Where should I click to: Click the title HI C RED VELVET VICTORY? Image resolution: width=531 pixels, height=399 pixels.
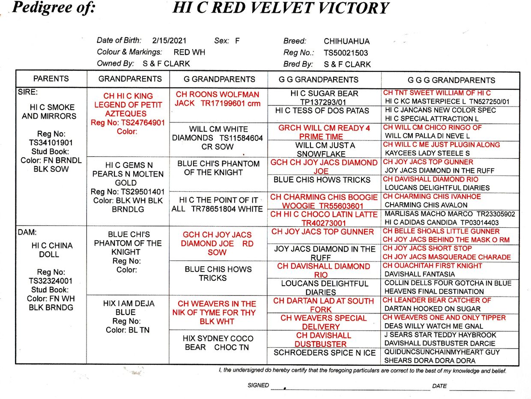click(280, 8)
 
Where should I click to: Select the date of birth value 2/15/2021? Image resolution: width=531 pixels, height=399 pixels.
click(169, 41)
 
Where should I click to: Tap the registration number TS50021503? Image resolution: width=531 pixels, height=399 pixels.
click(346, 53)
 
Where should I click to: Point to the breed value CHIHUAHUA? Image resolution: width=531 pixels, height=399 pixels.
click(346, 42)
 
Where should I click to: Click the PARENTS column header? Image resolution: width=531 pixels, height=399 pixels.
click(51, 79)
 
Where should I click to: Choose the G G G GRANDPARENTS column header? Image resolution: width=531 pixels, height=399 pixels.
click(451, 80)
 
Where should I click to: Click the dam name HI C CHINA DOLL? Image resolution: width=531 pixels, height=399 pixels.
click(51, 250)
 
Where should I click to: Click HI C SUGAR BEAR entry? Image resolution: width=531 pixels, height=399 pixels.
click(324, 94)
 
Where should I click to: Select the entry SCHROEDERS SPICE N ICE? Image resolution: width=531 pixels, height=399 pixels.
click(325, 353)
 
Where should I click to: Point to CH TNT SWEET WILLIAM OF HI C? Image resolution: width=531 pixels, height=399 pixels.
click(437, 93)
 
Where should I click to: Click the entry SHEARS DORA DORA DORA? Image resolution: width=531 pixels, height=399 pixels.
click(430, 360)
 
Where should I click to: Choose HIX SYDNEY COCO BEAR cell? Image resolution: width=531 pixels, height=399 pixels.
click(218, 342)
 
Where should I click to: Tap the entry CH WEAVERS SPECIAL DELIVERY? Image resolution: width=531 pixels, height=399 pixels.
click(324, 322)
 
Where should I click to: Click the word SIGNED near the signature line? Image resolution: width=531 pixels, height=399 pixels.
click(258, 385)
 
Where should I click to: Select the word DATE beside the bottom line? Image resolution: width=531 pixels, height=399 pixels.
click(439, 386)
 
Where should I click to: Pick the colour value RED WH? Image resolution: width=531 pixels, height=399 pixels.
click(189, 52)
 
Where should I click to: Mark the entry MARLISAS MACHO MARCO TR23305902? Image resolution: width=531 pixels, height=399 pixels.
click(450, 214)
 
